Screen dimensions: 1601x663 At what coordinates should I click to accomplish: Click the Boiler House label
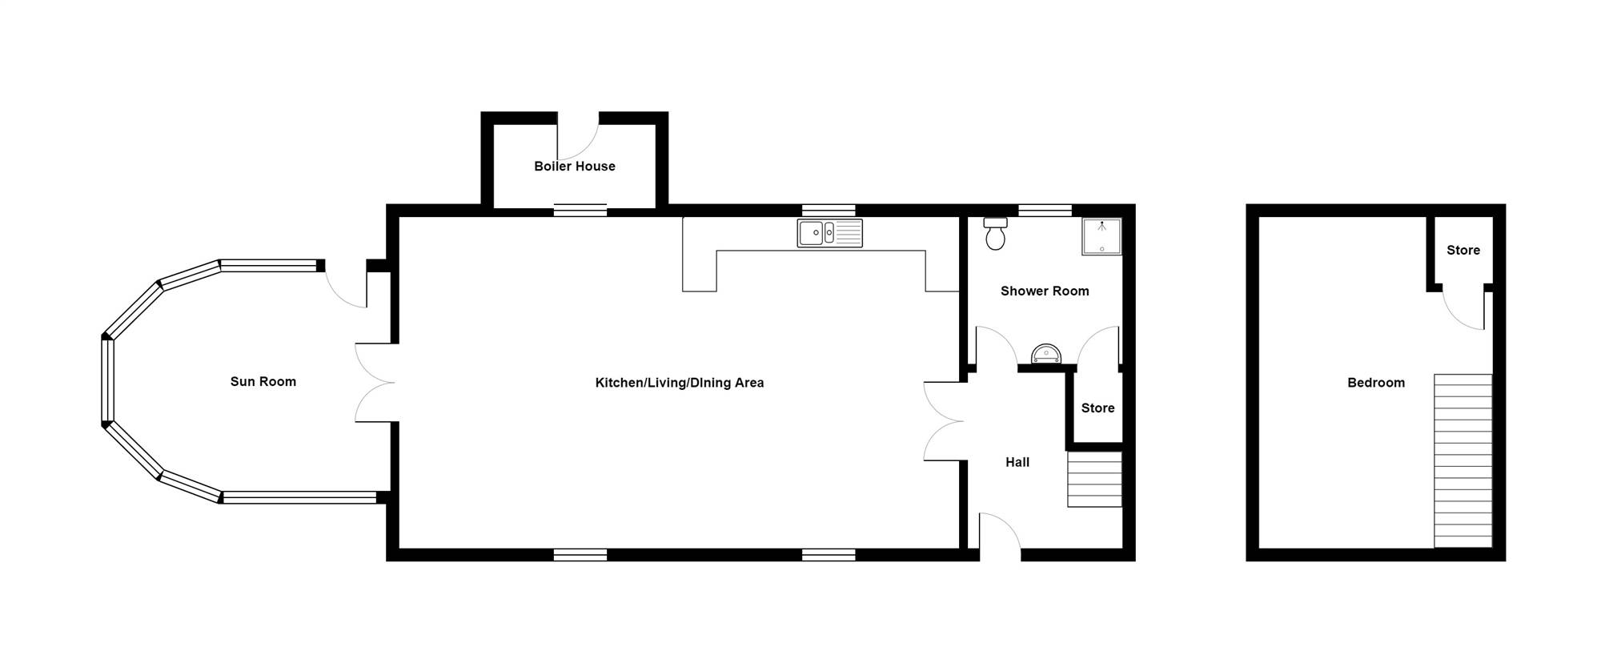[x=575, y=167]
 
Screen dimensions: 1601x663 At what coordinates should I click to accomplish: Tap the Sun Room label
[x=263, y=382]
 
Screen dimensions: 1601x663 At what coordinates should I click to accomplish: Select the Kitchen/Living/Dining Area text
[x=680, y=383]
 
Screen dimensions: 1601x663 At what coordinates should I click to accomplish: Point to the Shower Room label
[x=1045, y=291]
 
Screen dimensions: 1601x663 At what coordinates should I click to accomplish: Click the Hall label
[x=1017, y=462]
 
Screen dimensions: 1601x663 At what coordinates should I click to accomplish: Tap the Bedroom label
[x=1376, y=383]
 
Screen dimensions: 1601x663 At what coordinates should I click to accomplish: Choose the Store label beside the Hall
[x=1097, y=408]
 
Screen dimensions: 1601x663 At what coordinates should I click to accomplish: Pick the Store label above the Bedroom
[x=1463, y=251]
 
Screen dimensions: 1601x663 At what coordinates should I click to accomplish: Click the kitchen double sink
[x=829, y=233]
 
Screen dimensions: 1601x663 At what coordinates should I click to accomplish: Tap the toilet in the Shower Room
[x=996, y=233]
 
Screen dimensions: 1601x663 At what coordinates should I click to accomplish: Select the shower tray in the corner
[x=1101, y=236]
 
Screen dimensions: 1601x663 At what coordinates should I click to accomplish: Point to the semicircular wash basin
[x=1045, y=354]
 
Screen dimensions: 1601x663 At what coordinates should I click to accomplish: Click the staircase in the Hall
[x=1094, y=480]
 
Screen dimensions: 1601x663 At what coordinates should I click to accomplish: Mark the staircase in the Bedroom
[x=1463, y=461]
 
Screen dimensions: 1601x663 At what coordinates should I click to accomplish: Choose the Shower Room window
[x=1045, y=211]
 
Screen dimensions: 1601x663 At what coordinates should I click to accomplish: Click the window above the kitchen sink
[x=829, y=211]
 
